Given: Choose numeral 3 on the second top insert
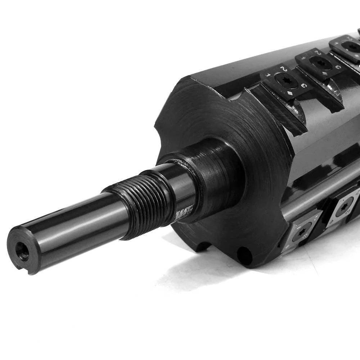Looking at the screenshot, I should (337, 67).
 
